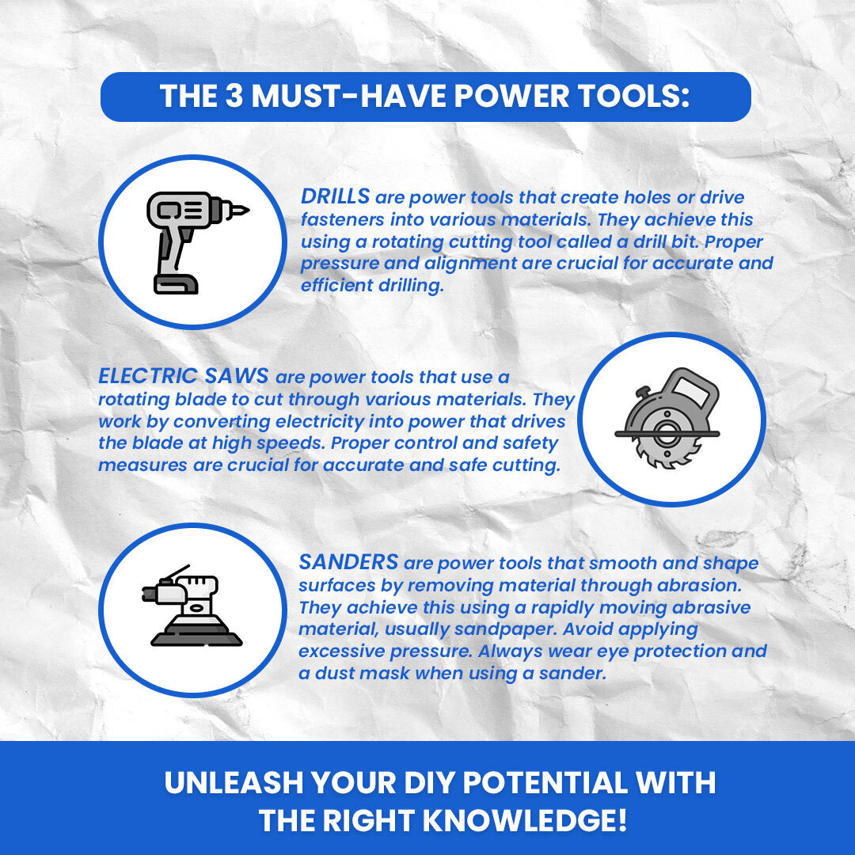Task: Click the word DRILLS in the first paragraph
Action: click(x=336, y=196)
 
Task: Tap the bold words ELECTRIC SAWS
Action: click(x=183, y=376)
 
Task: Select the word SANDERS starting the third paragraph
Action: click(x=348, y=561)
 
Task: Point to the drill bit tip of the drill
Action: click(x=245, y=209)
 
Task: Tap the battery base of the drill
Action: click(x=176, y=284)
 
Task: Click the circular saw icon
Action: click(x=667, y=418)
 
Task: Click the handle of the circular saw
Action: click(x=693, y=388)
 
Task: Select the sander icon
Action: click(x=192, y=606)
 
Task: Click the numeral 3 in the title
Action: click(x=234, y=96)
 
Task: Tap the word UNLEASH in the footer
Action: click(x=234, y=782)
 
